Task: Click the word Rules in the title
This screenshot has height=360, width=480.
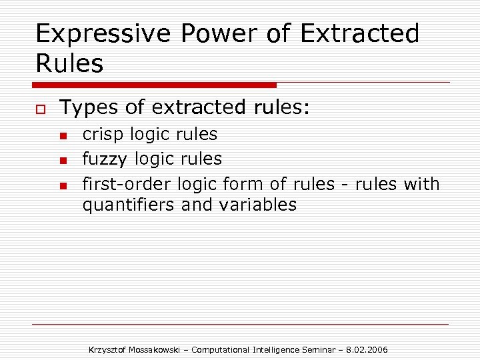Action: pyautogui.click(x=69, y=64)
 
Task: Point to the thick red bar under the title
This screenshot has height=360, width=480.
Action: pyautogui.click(x=155, y=85)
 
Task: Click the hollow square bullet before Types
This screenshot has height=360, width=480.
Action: pyautogui.click(x=40, y=108)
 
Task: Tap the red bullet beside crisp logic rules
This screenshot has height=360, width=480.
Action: pyautogui.click(x=63, y=136)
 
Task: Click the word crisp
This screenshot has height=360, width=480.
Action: pyautogui.click(x=103, y=135)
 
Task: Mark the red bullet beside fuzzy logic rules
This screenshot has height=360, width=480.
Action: pyautogui.click(x=63, y=161)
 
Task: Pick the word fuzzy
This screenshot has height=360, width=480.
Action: pyautogui.click(x=105, y=159)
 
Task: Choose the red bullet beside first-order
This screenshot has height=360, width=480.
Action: pyautogui.click(x=63, y=185)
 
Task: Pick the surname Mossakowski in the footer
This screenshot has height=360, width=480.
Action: pyautogui.click(x=159, y=350)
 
